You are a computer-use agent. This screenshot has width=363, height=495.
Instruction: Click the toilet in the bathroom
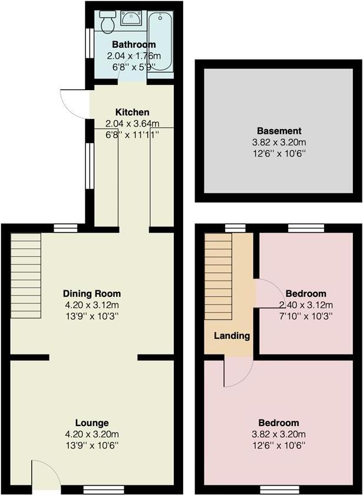pos(107,22)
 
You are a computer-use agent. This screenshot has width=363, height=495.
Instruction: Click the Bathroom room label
pos(134,45)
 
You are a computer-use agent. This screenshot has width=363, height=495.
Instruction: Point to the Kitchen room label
pos(132,112)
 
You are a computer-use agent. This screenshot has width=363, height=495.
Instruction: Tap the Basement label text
pos(279,131)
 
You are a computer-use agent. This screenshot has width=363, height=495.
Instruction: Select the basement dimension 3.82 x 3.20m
pos(279,142)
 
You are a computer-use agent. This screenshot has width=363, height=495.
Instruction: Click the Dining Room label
pos(92,293)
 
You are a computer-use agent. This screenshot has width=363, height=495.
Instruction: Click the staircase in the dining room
pos(25,275)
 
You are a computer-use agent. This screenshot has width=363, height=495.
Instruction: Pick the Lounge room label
pos(92,423)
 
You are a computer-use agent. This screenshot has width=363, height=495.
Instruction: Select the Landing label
pos(232,336)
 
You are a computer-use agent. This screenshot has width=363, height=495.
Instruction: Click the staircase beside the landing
pos(218,275)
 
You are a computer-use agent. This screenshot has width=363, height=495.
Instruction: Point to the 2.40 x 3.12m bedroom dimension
pos(306,305)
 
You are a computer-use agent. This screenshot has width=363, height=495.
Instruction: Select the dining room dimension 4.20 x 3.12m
pos(92,305)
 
